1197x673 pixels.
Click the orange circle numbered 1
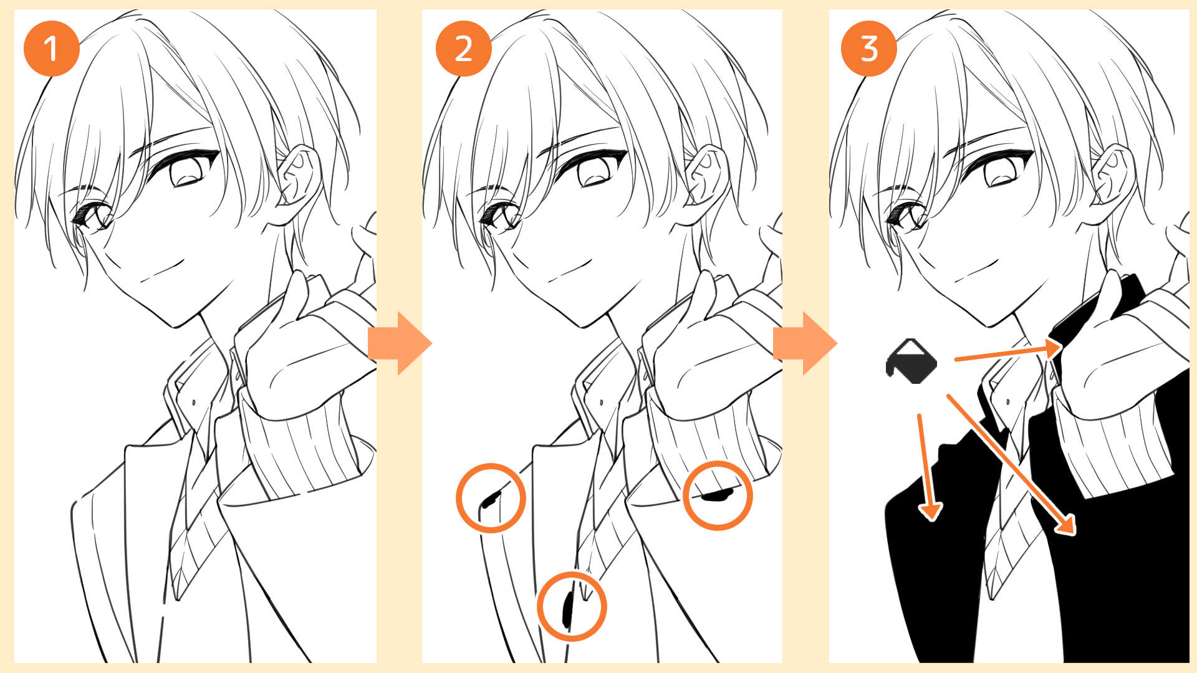[51, 48]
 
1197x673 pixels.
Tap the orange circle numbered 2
[463, 48]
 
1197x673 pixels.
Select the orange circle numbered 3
[869, 48]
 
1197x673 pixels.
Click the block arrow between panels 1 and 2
[400, 343]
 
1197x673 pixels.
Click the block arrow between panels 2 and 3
[805, 343]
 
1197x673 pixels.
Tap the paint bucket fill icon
[911, 361]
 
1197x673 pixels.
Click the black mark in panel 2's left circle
[491, 499]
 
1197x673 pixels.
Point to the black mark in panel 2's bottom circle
[567, 608]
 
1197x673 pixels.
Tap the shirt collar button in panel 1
[193, 403]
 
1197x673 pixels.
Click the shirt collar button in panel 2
[601, 403]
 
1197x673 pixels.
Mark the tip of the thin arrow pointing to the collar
[1060, 348]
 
